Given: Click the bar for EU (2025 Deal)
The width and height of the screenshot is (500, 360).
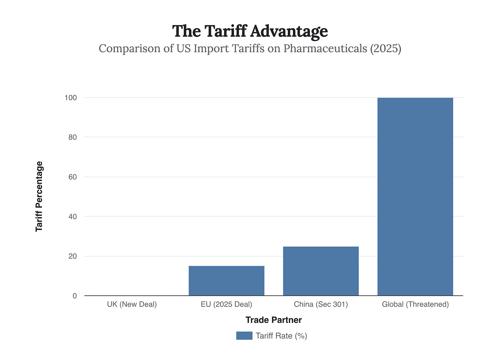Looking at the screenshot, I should point(226,281).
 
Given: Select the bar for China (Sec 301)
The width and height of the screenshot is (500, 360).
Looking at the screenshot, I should point(321,271).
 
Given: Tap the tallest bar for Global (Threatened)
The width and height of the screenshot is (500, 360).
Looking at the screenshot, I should point(415,196).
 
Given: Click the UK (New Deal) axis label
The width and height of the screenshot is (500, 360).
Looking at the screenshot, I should point(132,304).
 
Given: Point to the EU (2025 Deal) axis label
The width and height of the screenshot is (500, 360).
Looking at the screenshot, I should point(226,304).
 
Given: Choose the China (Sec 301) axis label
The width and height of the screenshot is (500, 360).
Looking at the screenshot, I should point(321,304).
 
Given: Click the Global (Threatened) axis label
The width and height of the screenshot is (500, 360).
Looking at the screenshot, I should point(415,304).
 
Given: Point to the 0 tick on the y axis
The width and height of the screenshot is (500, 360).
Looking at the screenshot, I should point(75,296).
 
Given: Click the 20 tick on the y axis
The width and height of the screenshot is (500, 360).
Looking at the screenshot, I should point(72,256).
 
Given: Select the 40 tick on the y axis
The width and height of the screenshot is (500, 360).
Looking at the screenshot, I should point(72,216).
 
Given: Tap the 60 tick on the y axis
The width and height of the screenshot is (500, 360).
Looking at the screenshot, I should point(72,177).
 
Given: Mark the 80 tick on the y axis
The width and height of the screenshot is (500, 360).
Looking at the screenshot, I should point(72,137).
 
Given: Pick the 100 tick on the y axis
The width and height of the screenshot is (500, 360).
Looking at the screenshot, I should point(70,98).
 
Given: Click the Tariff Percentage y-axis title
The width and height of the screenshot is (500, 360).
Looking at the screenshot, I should point(39,196).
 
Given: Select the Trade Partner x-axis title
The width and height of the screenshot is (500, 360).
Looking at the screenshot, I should point(274,320).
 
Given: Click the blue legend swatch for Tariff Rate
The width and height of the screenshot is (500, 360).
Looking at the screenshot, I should point(244,336).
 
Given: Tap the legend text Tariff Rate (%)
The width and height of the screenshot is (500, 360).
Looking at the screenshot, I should point(281,336).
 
